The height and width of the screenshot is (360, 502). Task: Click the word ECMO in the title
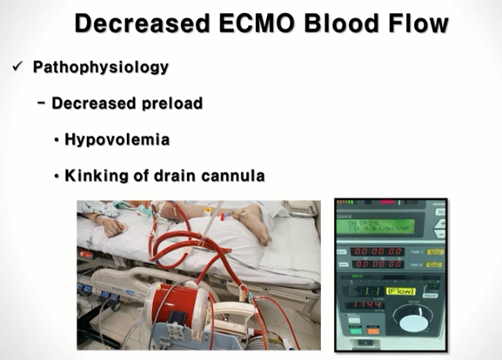click(x=250, y=23)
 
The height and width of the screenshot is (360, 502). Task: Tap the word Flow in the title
click(x=415, y=23)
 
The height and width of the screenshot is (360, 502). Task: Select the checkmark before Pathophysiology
click(x=17, y=67)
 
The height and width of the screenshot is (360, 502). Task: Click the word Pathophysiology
click(x=100, y=67)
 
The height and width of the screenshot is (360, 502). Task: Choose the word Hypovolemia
click(x=117, y=139)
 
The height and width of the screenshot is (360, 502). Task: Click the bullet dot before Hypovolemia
click(x=57, y=140)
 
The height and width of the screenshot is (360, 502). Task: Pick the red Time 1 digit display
click(x=378, y=250)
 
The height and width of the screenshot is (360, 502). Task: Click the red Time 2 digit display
click(x=378, y=263)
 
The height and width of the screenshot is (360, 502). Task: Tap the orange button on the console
click(x=372, y=330)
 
